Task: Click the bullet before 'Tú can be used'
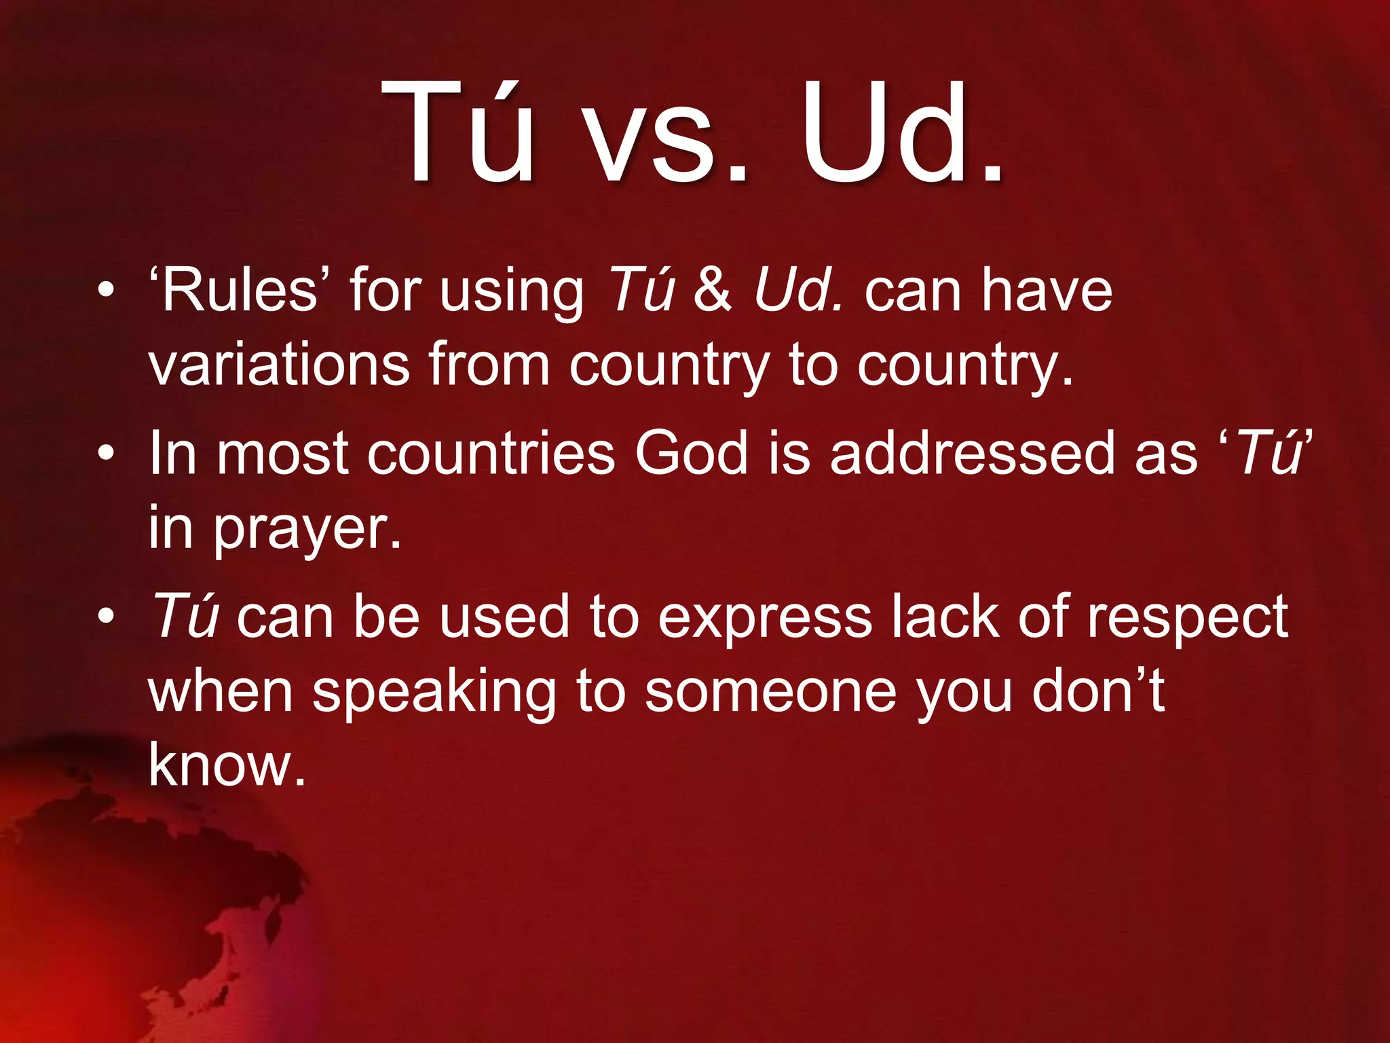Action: (x=105, y=616)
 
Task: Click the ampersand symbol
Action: (x=713, y=290)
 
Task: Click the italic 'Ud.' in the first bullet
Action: (x=798, y=290)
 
